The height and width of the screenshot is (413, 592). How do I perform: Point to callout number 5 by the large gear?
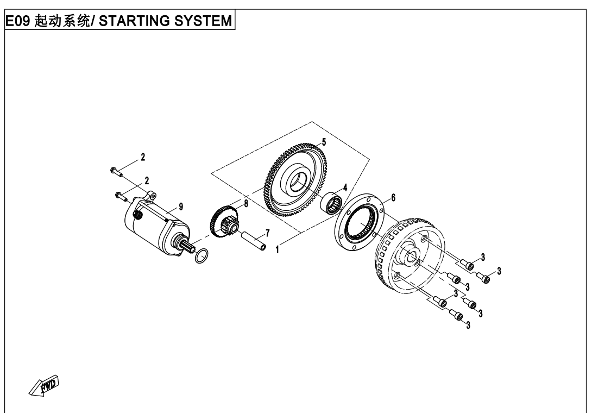tap(324, 142)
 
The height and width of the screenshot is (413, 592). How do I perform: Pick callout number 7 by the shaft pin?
tap(267, 233)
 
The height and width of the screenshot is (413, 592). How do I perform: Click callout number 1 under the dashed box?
tap(278, 251)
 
